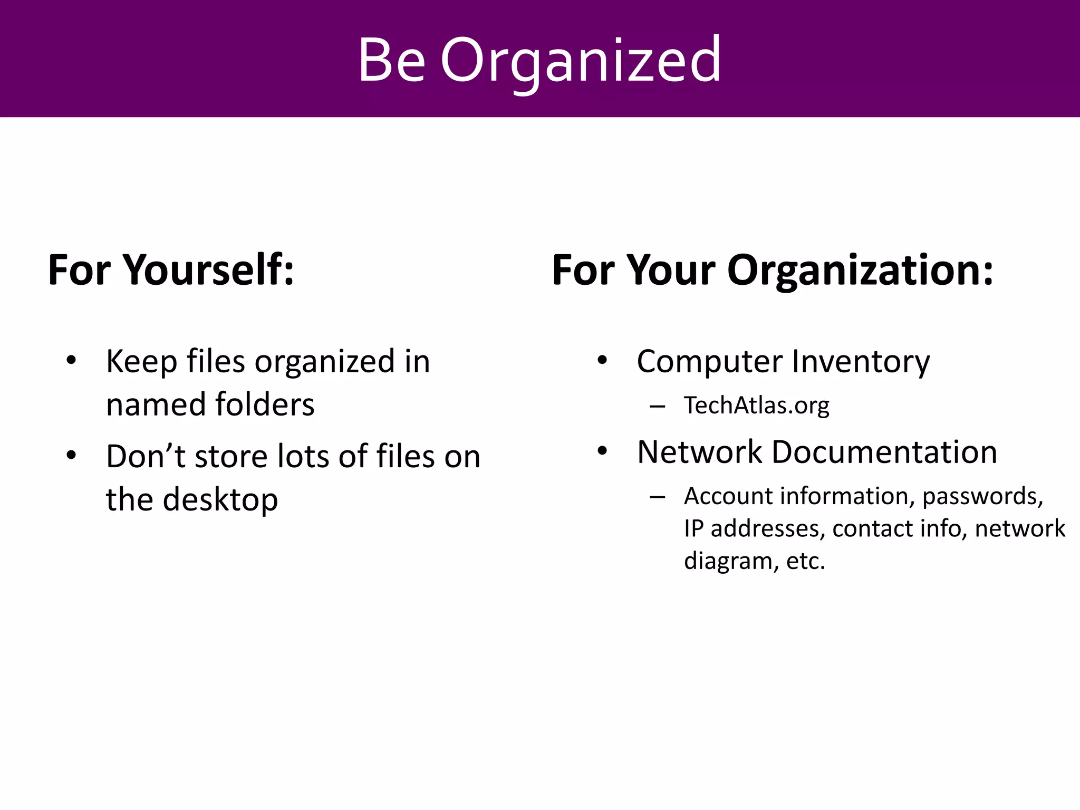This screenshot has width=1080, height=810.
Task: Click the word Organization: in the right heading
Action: (x=860, y=270)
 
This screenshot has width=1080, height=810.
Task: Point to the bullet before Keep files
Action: (x=72, y=361)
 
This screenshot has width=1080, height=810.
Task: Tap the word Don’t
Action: (x=146, y=456)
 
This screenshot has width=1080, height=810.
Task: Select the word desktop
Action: (x=220, y=499)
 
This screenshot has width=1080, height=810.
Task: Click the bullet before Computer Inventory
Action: (x=602, y=361)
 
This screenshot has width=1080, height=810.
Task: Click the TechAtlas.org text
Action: (x=756, y=405)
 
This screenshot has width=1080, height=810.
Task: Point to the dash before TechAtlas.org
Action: (x=657, y=406)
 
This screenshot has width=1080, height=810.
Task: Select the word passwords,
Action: (x=982, y=497)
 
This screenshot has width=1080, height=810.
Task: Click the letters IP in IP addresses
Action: (x=693, y=528)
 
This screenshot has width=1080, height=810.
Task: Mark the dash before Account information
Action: (x=657, y=497)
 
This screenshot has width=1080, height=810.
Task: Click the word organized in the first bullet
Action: (x=324, y=362)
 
